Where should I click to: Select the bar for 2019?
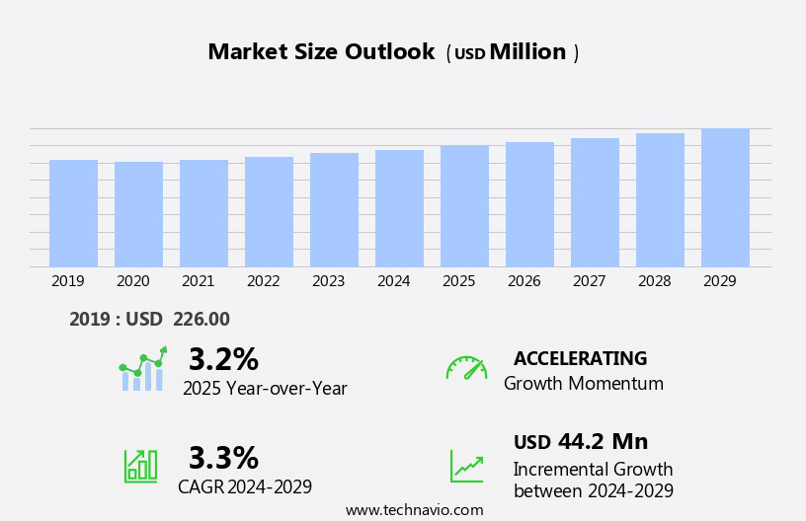tap(73, 213)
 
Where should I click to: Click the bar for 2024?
tap(399, 208)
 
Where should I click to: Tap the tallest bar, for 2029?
tap(725, 197)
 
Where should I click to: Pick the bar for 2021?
tap(203, 213)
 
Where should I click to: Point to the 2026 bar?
tap(529, 204)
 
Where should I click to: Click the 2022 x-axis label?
tap(263, 281)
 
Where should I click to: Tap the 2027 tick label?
tap(589, 281)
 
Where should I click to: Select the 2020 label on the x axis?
tap(132, 281)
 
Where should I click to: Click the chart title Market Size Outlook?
tap(321, 52)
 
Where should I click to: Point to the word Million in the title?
tap(527, 52)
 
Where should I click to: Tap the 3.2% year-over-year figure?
tap(223, 359)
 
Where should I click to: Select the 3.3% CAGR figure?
tap(223, 458)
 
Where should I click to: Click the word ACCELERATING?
tap(580, 359)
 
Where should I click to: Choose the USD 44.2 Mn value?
tap(581, 442)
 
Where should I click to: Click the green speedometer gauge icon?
tap(466, 368)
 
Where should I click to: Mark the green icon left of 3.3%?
tap(140, 465)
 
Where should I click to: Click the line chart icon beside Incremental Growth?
tap(466, 466)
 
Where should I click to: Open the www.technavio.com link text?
tap(414, 510)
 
